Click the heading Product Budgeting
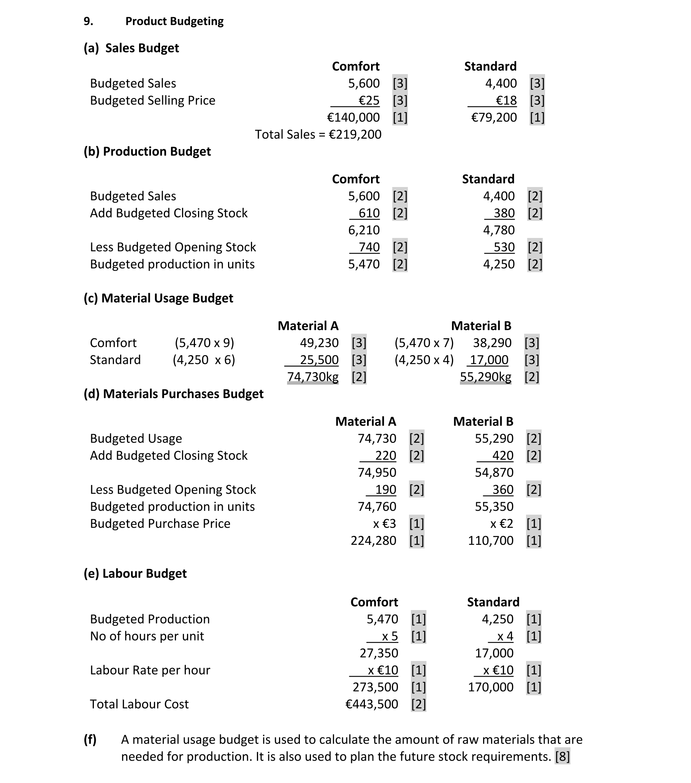pos(174,21)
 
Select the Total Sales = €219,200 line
pos(318,135)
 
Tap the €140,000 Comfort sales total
pos(353,117)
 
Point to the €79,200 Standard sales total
pos(494,117)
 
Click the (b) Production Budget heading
pos(147,151)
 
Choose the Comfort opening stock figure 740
pos(369,247)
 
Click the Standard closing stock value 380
pos(504,213)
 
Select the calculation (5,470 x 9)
pos(204,342)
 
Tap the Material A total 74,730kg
pos(312,377)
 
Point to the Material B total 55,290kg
pos(485,377)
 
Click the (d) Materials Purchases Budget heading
pos(174,394)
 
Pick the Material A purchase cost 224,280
pos(373,540)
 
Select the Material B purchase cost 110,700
pos(490,540)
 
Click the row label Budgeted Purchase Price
pos(160,524)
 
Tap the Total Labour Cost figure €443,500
pos(372,704)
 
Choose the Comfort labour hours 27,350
pos(379,653)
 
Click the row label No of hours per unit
pos(147,636)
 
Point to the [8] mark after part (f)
pos(562,756)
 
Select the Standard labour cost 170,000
pos(490,687)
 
